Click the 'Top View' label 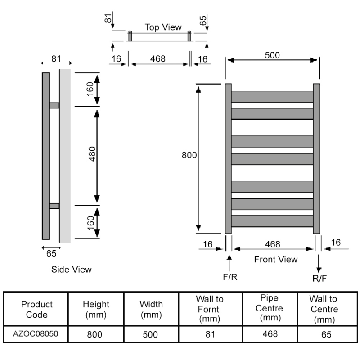tap(163, 27)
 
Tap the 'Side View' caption tap(72, 270)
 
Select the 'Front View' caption tap(276, 259)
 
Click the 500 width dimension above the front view tap(272, 55)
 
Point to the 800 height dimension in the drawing tap(189, 155)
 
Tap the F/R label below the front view tap(230, 277)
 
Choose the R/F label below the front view tap(320, 279)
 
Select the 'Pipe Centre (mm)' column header tap(269, 309)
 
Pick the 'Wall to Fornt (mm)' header tap(210, 309)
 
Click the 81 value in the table tap(210, 334)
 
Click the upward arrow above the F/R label tap(230, 261)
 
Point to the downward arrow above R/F tap(319, 263)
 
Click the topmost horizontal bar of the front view tap(272, 97)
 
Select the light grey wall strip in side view tap(65, 155)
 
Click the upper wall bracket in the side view tap(54, 105)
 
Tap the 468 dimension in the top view tap(157, 59)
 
